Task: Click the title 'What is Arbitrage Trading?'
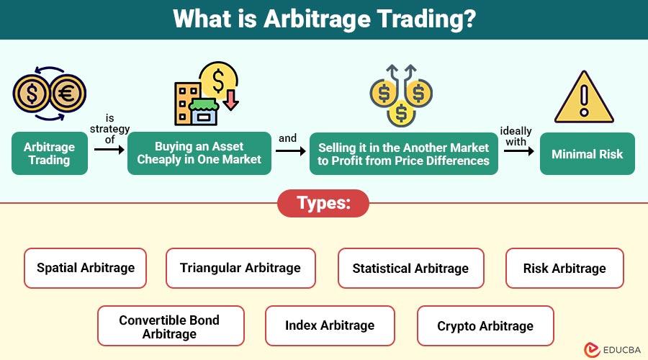point(324,19)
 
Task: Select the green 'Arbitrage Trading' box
point(50,153)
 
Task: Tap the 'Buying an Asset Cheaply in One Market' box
point(199,153)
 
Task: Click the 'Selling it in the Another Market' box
point(403,153)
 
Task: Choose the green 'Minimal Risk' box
point(588,153)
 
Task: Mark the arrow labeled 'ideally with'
point(517,151)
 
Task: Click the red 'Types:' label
point(323,204)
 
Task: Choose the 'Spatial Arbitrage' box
point(85,268)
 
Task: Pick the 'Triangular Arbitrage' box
point(240,268)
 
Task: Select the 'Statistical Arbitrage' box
point(410,268)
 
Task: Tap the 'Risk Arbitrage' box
point(564,268)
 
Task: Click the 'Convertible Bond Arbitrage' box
point(171,325)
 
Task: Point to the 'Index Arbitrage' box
point(330,325)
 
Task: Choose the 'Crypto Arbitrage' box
point(485,325)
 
